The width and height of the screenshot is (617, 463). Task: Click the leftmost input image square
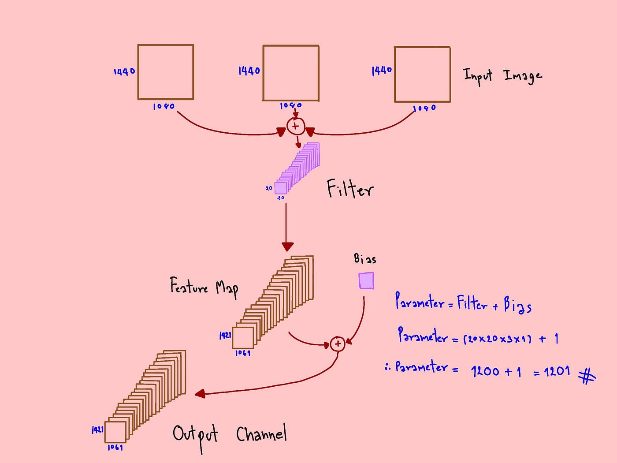coord(166,72)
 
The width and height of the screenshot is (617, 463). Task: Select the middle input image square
coord(291,73)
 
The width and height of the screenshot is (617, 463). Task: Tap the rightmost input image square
coord(422,75)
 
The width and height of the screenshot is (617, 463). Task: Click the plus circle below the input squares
coord(296,127)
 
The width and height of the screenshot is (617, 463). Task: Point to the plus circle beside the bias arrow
coord(338,344)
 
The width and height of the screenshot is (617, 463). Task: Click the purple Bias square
coord(366,280)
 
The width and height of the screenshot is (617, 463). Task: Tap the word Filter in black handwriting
coord(350,189)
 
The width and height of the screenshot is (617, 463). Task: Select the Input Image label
coord(502,76)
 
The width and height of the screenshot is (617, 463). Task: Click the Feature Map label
coord(204,288)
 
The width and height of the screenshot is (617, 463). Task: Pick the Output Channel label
coord(230,435)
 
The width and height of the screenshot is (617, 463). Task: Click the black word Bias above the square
coord(365,259)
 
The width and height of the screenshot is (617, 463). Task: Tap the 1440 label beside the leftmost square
coord(124,71)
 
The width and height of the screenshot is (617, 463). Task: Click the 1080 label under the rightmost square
coord(424,108)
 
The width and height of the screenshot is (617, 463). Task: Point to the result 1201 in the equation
coord(557,371)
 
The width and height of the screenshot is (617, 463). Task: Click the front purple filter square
coord(281,188)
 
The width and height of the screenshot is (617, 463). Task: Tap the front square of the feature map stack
coord(243,338)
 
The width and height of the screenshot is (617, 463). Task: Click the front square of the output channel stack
coord(115,432)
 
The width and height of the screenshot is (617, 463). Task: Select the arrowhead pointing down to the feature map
coord(287,246)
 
